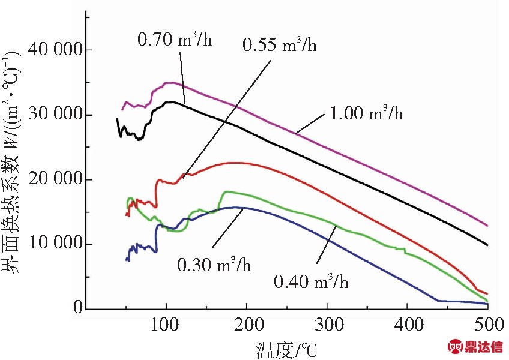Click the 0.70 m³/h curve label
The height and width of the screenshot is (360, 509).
pos(175,40)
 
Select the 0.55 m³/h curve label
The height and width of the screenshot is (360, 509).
pos(280,45)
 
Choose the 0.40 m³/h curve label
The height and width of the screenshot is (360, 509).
pos(310,280)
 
